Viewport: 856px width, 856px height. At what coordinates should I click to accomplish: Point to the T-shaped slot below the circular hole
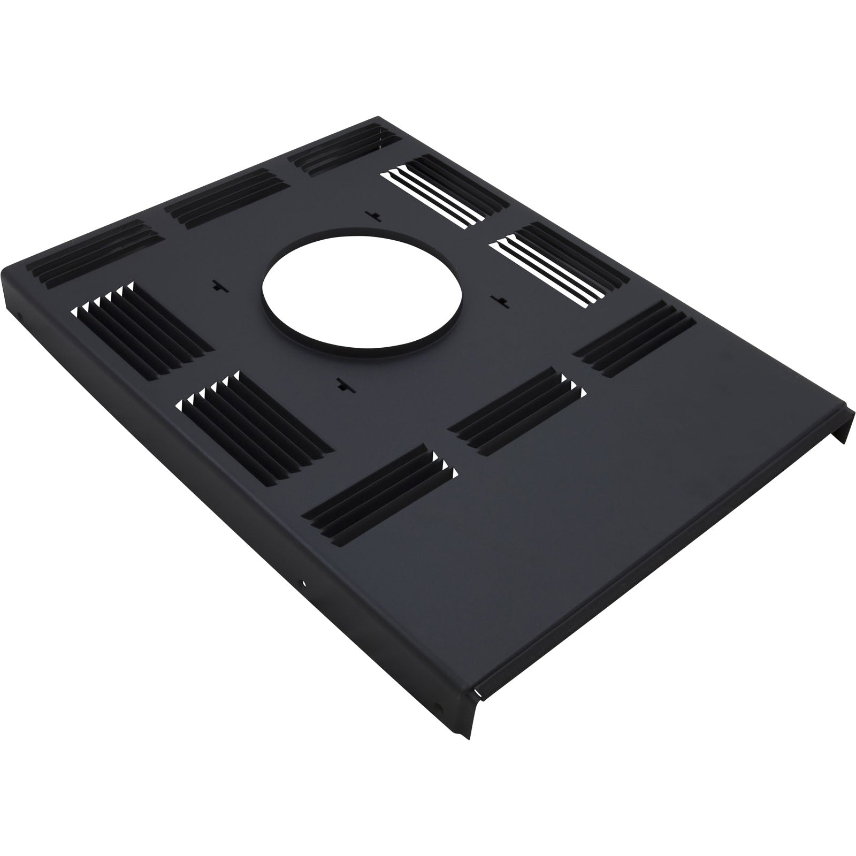(340, 383)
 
